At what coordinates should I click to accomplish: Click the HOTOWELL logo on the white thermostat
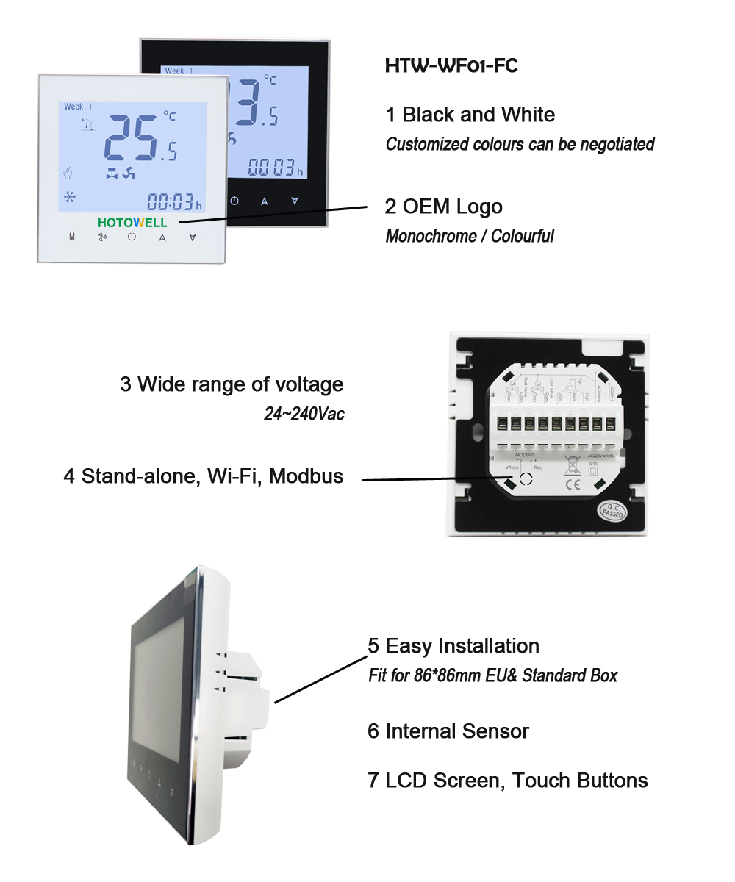click(x=133, y=221)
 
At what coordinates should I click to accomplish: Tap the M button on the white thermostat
click(x=72, y=237)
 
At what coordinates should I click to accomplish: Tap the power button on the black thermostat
click(x=234, y=201)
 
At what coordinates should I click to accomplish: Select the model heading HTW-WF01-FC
click(x=451, y=66)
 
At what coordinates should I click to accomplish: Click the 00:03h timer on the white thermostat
click(x=174, y=201)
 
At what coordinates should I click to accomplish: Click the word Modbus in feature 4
click(x=306, y=476)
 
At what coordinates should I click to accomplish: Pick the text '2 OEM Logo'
click(x=444, y=207)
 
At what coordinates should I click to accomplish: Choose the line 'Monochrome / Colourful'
click(x=470, y=236)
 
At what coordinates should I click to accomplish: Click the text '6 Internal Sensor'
click(x=448, y=731)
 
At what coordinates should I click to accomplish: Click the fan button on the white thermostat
click(x=103, y=237)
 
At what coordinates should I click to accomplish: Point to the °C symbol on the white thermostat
click(x=169, y=115)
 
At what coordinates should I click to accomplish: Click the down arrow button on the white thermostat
click(x=193, y=237)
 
